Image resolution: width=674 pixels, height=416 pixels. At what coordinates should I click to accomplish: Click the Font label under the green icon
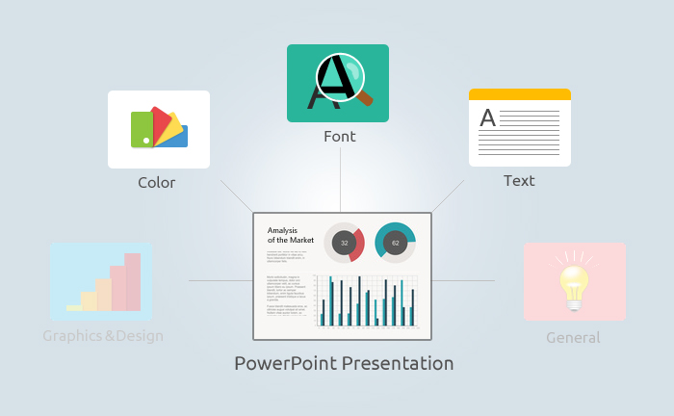(339, 137)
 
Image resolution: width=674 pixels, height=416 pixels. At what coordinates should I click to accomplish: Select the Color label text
(157, 182)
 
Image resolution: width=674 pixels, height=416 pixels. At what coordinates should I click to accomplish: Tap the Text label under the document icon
(519, 180)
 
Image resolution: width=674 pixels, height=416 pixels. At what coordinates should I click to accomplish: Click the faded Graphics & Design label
(103, 336)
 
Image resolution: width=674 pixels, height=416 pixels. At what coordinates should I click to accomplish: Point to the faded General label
(573, 338)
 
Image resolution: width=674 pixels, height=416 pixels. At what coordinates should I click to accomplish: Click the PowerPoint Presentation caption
(344, 364)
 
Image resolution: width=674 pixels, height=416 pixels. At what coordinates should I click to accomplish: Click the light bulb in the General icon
(575, 283)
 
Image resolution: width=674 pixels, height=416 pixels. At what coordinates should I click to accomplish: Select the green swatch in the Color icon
(142, 129)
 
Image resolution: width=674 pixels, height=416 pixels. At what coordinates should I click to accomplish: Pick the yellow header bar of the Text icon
(519, 94)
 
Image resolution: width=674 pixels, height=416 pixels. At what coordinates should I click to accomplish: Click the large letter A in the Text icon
(488, 118)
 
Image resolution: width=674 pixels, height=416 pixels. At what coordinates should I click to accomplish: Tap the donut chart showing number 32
(344, 243)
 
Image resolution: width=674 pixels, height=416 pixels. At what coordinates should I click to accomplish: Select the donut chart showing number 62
(395, 243)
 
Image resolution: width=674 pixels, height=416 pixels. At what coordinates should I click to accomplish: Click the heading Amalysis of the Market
(289, 235)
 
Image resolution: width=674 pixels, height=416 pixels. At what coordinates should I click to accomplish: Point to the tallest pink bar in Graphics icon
(133, 281)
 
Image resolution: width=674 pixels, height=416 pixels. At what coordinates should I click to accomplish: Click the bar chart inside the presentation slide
(367, 301)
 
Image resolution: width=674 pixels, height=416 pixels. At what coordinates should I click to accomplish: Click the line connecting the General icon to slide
(463, 280)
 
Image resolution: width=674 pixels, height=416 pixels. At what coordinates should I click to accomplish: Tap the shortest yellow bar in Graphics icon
(74, 307)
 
